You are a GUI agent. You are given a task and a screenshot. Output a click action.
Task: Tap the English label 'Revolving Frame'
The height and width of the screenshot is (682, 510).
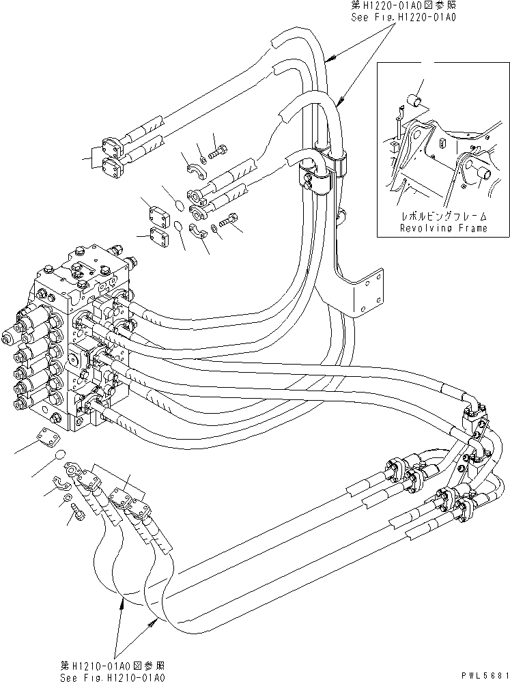tap(444, 228)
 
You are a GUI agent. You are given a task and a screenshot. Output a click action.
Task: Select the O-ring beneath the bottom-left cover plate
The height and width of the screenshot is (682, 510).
tap(60, 455)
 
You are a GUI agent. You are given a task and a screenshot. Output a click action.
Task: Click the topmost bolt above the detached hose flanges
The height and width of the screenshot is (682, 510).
tap(219, 150)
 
